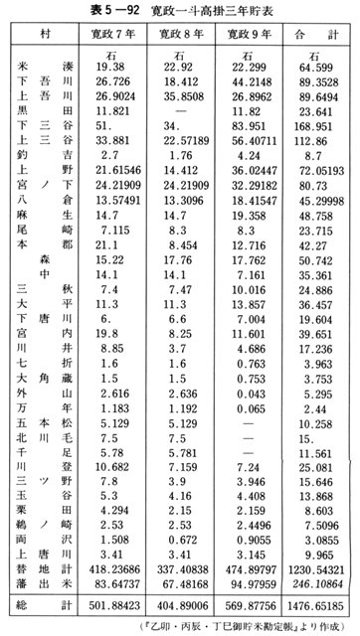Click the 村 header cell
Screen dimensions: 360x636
coord(46,35)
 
